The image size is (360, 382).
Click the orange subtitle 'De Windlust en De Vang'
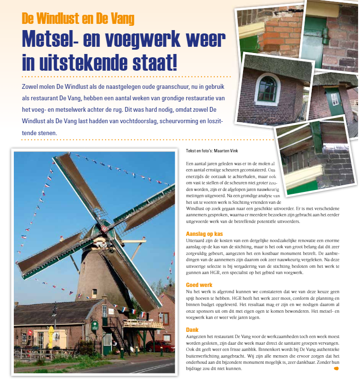click(78, 19)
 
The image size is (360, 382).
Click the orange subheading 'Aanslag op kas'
click(204, 234)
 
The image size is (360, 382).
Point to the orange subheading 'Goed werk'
click(199, 285)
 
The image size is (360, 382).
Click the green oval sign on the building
click(95, 325)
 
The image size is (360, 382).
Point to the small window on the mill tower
click(94, 292)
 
